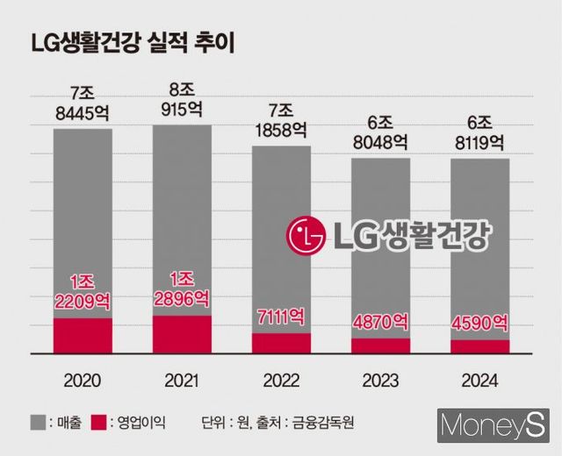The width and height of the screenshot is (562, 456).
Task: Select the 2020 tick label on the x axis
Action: [x=83, y=381]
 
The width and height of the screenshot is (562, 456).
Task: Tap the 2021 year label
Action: [x=182, y=381]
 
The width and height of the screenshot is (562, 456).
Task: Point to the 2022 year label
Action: [x=281, y=381]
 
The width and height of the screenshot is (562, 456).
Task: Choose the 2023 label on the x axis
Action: [x=380, y=381]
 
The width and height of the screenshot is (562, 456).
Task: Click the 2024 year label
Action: [x=479, y=381]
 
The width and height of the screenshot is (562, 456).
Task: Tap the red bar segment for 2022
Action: [x=281, y=343]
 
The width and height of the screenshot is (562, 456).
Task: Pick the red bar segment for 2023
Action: [x=380, y=346]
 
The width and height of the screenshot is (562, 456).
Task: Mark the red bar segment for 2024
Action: [x=479, y=346]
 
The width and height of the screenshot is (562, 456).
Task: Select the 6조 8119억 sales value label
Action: [x=479, y=130]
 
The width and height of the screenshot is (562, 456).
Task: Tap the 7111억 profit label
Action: [x=281, y=315]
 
